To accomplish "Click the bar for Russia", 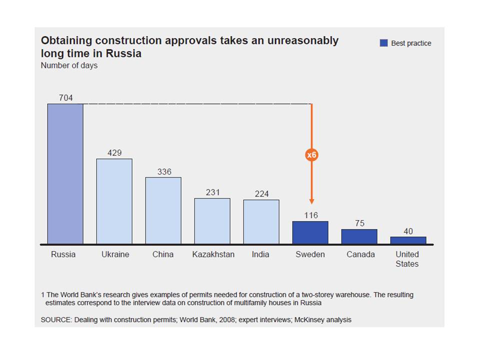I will [65, 174].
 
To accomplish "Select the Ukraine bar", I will [114, 201].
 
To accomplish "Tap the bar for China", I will [163, 210].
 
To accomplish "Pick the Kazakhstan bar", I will [212, 221].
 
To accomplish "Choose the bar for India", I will [261, 222].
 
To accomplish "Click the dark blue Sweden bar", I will [310, 232].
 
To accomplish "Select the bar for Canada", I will [359, 236].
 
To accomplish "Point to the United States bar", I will [408, 240].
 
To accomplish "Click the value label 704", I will [65, 98].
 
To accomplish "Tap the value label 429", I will [114, 153].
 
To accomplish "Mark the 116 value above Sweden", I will [310, 215].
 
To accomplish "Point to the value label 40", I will [408, 231].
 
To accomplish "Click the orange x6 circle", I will [311, 155].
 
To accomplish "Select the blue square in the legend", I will [383, 43].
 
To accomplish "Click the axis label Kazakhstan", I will [213, 254].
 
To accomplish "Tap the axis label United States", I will [407, 259].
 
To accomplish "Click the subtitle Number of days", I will [69, 65].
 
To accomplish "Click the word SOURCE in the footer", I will [56, 319].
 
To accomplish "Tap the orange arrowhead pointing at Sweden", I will [311, 201].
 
